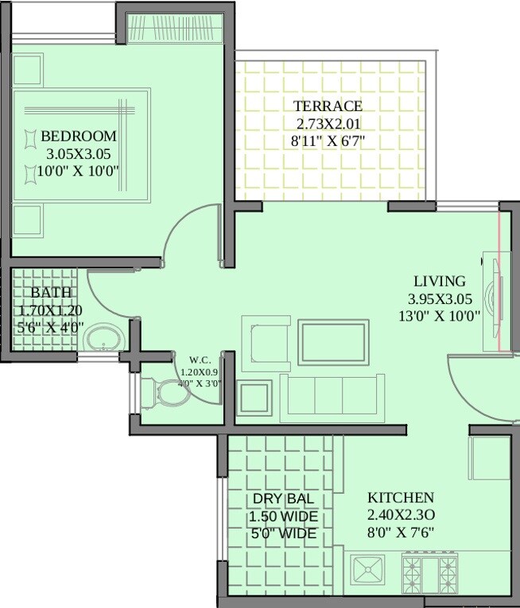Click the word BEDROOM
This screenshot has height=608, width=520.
tap(79, 137)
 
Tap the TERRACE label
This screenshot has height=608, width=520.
tap(328, 106)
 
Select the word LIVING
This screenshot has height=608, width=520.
tap(440, 282)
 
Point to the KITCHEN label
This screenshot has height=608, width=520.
tap(400, 498)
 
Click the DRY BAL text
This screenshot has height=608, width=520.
tap(283, 499)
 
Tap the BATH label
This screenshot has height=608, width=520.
tap(51, 293)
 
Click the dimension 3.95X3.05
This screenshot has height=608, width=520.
tap(440, 299)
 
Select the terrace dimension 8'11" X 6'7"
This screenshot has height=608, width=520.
tap(332, 142)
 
